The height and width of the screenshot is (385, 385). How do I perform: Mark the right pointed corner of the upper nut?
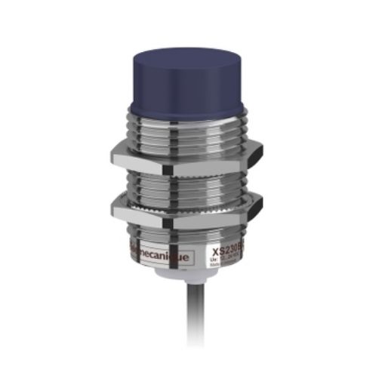(x=262, y=148)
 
